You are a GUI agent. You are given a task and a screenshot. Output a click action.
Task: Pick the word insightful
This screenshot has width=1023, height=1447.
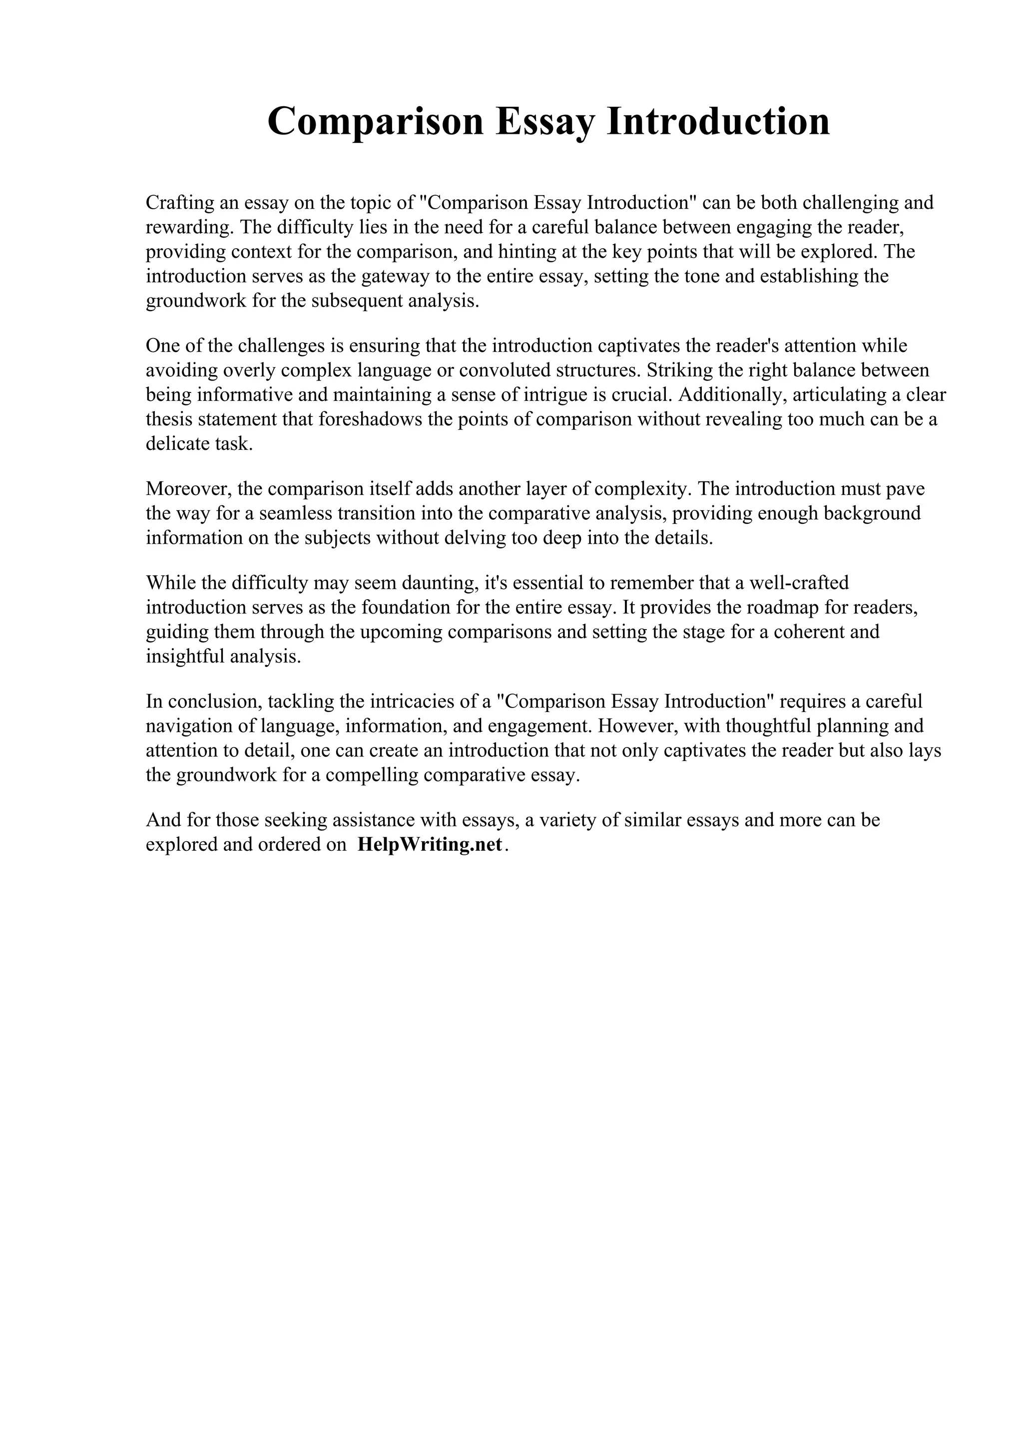point(185,657)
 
